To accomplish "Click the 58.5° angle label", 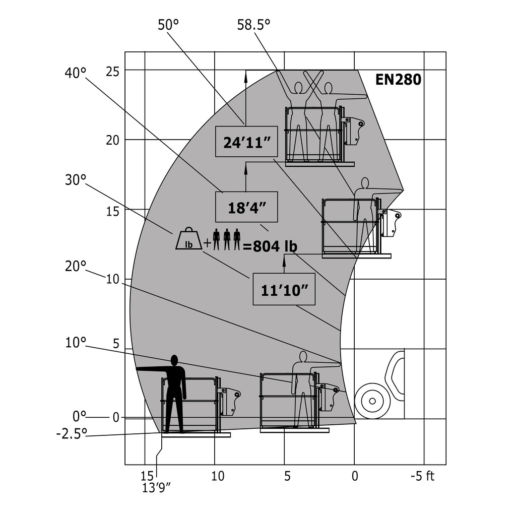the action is click(x=253, y=25).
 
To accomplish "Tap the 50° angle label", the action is click(x=168, y=25).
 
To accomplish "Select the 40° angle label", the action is click(x=76, y=73).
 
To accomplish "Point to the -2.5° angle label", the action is click(x=72, y=434).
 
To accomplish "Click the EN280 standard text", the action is click(x=398, y=80).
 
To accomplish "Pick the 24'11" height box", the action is click(x=246, y=142).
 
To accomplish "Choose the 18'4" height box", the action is click(x=246, y=207).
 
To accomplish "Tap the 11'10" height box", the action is click(x=284, y=289).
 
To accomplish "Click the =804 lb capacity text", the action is click(x=270, y=246).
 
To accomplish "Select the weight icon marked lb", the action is click(x=189, y=238).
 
